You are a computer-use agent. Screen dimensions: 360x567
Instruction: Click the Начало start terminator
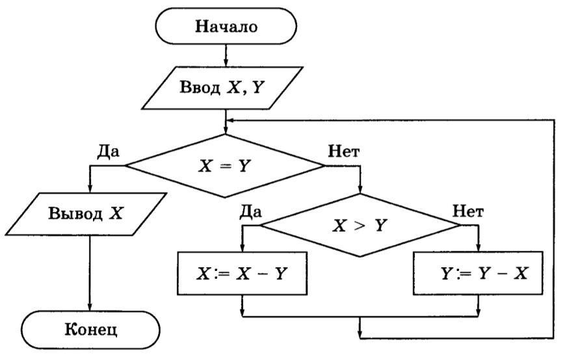pyautogui.click(x=226, y=27)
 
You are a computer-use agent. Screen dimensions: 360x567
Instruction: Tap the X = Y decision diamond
pyautogui.click(x=224, y=166)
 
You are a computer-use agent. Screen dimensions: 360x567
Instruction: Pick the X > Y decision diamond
pyautogui.click(x=360, y=225)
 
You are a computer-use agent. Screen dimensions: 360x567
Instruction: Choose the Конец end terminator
pyautogui.click(x=90, y=328)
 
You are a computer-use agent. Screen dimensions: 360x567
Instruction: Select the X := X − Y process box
pyautogui.click(x=242, y=273)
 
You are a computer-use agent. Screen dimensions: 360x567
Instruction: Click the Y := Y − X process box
pyautogui.click(x=478, y=273)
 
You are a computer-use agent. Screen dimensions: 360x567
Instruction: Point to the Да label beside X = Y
pyautogui.click(x=108, y=151)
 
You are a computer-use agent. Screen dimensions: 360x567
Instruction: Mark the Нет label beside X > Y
pyautogui.click(x=468, y=211)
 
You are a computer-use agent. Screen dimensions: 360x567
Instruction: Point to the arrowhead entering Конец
pyautogui.click(x=90, y=307)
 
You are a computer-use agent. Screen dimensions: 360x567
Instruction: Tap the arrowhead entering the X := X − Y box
pyautogui.click(x=242, y=248)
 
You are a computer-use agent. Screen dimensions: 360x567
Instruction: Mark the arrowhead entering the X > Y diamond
pyautogui.click(x=360, y=190)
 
